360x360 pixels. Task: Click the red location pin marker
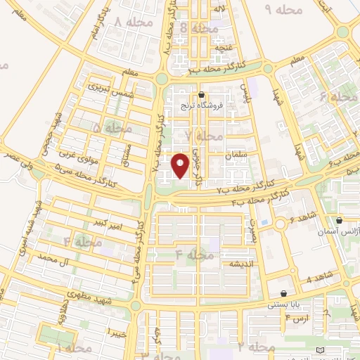click(181, 165)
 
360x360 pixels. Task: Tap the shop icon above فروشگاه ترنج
click(202, 95)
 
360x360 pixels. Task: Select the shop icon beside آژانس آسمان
click(339, 220)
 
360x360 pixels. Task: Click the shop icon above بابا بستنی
click(283, 294)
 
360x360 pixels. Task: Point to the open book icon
click(321, 350)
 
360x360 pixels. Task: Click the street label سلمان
click(233, 153)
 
